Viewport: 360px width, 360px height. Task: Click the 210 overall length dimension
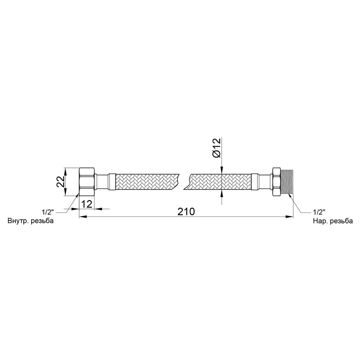click(186, 211)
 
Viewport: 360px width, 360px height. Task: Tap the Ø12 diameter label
click(216, 148)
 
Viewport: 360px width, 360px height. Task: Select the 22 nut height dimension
click(61, 182)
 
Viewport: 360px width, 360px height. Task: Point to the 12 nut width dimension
click(87, 204)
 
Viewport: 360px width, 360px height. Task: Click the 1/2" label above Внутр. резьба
click(48, 212)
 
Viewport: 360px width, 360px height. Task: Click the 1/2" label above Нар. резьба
click(319, 211)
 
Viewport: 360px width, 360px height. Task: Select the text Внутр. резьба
click(31, 221)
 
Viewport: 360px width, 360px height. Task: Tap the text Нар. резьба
click(333, 221)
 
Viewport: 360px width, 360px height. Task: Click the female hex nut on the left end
click(87, 182)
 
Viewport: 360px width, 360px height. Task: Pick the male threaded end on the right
click(287, 182)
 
